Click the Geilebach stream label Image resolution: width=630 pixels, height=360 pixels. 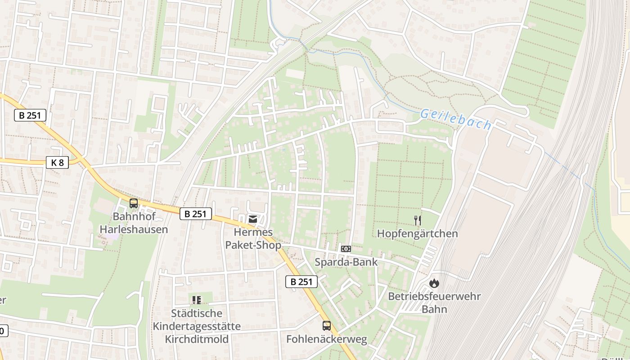[x=455, y=119]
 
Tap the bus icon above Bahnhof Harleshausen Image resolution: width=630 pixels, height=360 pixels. [x=134, y=203]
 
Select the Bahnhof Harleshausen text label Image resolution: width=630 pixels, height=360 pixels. [x=134, y=223]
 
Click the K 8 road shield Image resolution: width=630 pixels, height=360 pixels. [x=57, y=162]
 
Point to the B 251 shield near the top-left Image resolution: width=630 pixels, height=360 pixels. [x=30, y=115]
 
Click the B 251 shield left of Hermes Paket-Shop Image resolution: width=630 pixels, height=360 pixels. [x=196, y=214]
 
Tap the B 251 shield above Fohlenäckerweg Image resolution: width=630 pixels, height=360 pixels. [x=301, y=282]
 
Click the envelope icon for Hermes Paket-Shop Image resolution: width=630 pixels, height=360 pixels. [x=253, y=219]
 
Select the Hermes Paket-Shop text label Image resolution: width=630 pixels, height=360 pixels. [x=253, y=238]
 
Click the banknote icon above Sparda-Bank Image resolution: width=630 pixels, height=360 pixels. [x=346, y=248]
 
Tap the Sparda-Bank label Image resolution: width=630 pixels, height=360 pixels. [x=346, y=262]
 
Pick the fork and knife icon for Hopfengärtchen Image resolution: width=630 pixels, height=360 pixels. [x=418, y=220]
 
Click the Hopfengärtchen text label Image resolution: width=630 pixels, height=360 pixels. [x=417, y=234]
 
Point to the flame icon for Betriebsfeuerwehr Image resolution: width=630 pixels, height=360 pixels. [x=434, y=283]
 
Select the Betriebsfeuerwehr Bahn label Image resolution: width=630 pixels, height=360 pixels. [x=434, y=303]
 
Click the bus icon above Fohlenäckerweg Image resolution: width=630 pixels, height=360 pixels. [x=327, y=326]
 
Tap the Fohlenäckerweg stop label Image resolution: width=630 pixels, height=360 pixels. [x=327, y=339]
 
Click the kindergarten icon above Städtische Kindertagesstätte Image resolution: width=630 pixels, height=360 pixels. [x=196, y=300]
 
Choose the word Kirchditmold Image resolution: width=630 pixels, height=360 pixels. [x=197, y=339]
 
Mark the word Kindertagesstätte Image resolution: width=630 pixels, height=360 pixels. [x=197, y=326]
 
